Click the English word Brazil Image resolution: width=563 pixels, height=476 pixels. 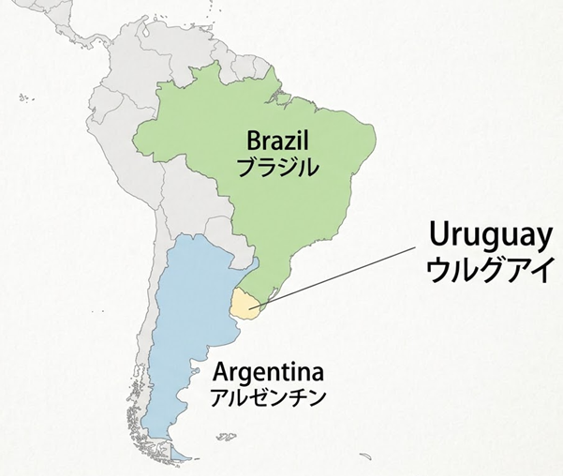277,142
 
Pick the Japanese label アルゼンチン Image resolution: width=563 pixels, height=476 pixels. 268,395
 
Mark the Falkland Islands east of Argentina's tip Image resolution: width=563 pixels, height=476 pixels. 225,437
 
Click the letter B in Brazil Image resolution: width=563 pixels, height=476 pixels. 253,142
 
